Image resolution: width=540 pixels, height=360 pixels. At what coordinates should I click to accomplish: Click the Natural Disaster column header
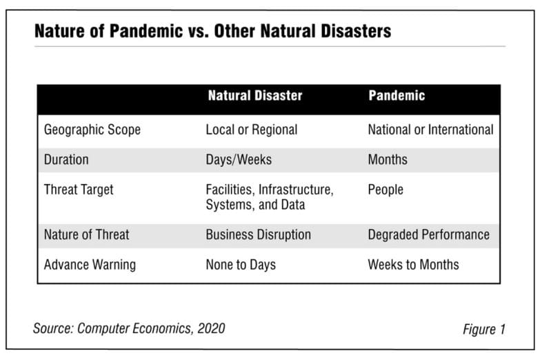coord(255,95)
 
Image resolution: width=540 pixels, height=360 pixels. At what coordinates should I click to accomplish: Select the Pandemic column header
coord(397,95)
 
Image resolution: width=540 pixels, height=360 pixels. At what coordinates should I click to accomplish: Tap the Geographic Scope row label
coord(92,130)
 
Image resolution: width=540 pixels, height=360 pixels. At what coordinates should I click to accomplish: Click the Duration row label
coord(66,159)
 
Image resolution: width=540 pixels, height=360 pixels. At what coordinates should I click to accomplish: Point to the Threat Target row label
coord(79,190)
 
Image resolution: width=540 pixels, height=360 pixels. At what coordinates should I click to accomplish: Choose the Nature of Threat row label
coord(86,234)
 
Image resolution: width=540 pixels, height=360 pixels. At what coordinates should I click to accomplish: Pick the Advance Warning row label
coord(90,265)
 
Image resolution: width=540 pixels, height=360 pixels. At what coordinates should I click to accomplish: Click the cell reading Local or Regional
coord(252,130)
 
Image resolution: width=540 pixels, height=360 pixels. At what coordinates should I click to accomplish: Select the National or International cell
coord(430,130)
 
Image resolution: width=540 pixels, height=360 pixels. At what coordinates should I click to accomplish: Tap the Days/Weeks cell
coord(239,159)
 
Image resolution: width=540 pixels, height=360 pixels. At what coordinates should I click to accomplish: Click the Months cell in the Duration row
coord(388,159)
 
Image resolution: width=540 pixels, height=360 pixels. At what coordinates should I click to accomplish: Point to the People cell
coord(386,190)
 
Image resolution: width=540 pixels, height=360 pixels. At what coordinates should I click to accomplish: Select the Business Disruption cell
coord(259,234)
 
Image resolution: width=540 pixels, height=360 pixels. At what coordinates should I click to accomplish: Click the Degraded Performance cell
coord(429,235)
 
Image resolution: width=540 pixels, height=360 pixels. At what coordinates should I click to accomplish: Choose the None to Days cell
coord(241,265)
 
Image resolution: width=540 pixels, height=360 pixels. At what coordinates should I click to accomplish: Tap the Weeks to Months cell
coord(413,265)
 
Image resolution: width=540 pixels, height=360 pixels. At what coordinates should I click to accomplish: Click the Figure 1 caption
coord(484,330)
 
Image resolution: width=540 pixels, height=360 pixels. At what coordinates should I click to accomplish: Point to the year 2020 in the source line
coord(211,328)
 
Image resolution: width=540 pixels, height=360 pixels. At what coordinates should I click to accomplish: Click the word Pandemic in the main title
coord(146,31)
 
